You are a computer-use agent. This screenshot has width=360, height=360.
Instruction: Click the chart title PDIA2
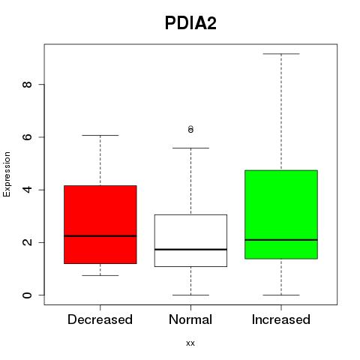190,23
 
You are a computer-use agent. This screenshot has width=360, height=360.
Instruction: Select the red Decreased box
100,224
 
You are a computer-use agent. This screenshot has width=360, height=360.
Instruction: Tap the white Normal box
190,241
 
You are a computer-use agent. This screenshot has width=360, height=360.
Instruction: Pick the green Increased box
281,214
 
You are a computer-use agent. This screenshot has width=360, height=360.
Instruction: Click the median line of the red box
100,235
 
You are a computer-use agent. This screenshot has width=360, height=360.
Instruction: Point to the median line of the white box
190,250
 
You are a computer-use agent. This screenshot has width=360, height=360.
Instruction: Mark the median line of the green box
281,240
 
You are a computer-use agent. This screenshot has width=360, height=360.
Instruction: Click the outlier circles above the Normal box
190,129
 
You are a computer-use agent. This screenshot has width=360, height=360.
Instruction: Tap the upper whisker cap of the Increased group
281,54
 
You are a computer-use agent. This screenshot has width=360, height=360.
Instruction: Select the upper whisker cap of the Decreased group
100,135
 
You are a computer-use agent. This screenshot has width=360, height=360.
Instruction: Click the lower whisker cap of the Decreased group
100,275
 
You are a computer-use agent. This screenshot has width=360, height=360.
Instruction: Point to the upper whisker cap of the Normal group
190,148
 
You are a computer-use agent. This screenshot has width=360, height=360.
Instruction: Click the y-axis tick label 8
27,84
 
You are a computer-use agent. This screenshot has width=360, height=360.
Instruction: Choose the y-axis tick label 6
27,137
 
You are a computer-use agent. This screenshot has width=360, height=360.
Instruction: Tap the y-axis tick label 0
27,295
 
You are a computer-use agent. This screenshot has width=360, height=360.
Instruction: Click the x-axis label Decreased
100,319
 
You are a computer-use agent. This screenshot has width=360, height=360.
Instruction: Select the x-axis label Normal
190,319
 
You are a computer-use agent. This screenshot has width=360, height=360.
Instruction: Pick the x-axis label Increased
281,319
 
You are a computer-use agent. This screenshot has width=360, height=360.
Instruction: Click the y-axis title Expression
7,174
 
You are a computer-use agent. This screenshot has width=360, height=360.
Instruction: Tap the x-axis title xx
190,343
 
